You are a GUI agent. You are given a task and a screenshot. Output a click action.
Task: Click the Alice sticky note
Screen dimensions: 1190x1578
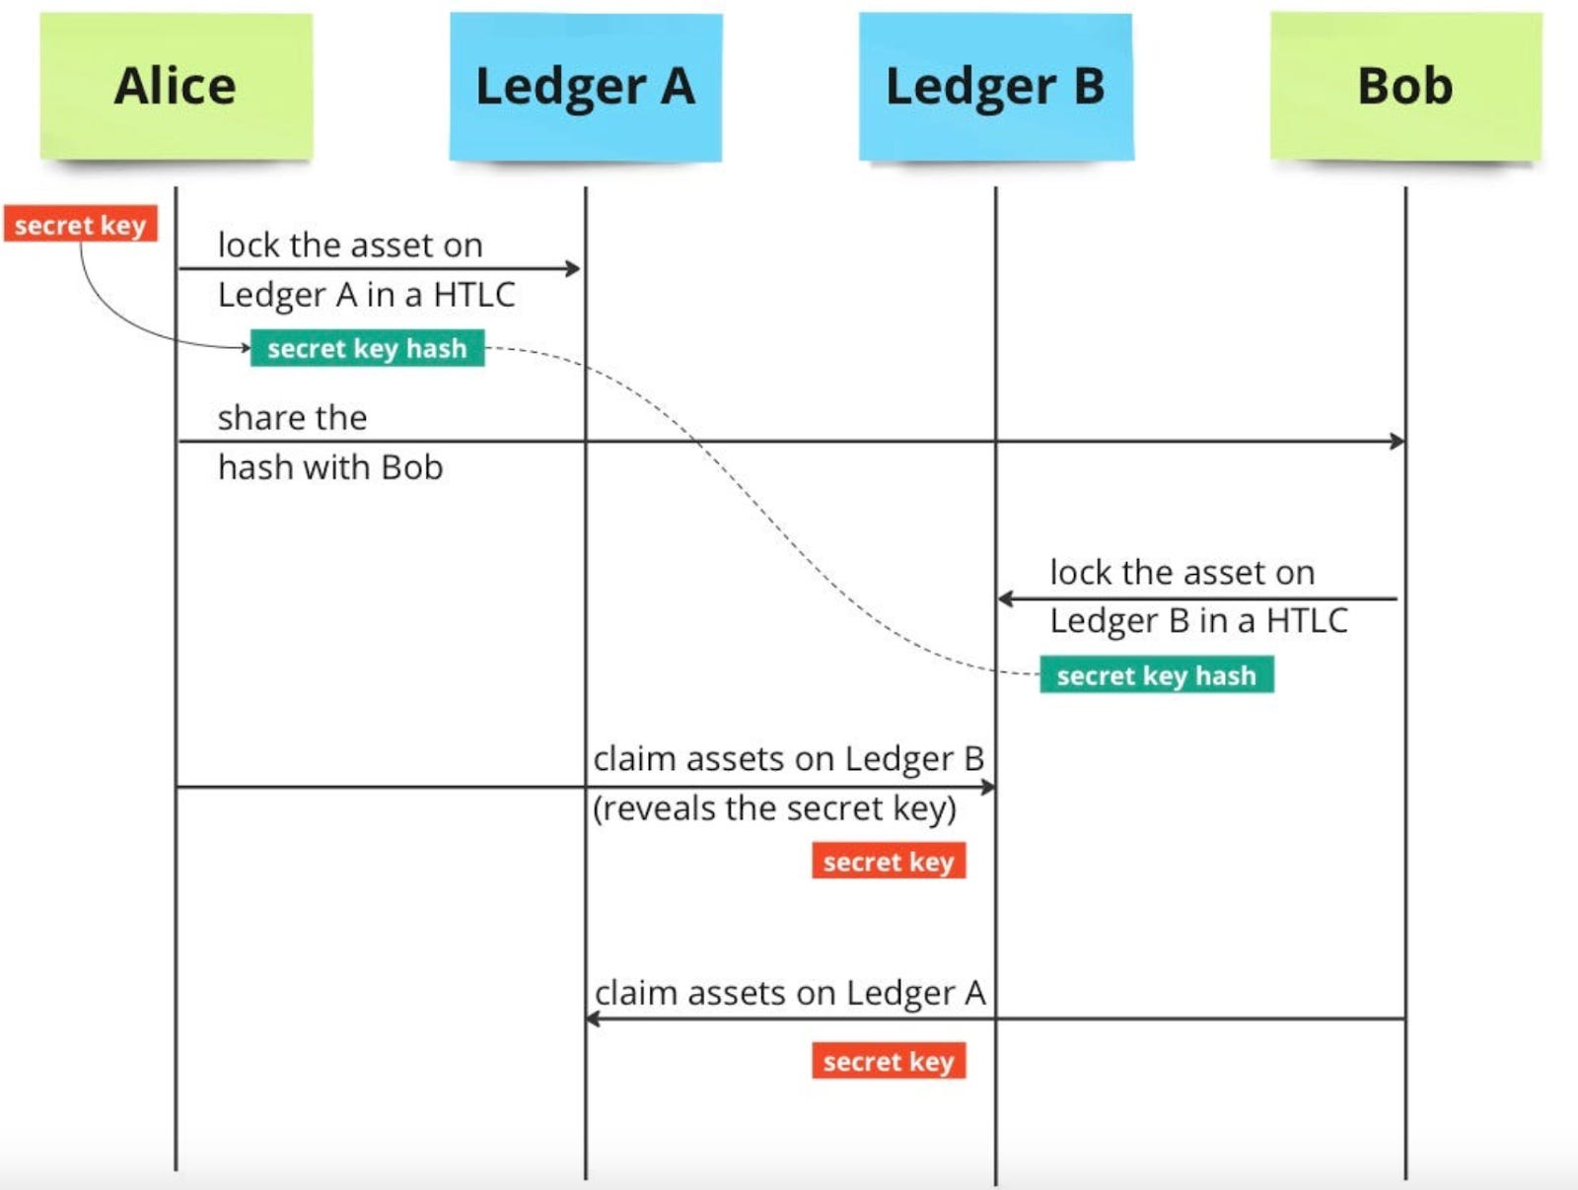176,86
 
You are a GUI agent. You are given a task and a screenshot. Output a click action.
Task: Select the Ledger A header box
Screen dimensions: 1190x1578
586,86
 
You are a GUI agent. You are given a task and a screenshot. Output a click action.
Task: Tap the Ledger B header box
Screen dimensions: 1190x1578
996,86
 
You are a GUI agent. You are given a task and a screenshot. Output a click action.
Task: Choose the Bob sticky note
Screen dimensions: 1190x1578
1405,86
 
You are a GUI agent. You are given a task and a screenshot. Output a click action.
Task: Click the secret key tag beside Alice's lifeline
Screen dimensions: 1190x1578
81,225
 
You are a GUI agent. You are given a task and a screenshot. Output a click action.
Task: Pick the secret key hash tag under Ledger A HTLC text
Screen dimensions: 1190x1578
367,348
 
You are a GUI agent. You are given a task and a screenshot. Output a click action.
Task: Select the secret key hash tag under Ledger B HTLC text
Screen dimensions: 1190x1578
1156,675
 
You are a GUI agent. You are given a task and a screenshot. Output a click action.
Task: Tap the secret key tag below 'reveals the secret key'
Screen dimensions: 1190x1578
889,861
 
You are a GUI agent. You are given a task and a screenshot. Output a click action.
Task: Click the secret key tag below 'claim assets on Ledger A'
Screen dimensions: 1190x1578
889,1061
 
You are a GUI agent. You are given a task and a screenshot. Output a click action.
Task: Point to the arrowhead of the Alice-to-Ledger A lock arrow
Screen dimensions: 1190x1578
573,267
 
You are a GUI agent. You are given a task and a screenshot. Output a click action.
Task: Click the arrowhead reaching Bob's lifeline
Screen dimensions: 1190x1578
1397,441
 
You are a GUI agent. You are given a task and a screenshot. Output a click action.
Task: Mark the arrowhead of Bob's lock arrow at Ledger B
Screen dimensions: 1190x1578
1005,598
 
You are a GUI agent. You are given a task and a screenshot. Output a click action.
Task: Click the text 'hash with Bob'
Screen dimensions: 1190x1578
330,467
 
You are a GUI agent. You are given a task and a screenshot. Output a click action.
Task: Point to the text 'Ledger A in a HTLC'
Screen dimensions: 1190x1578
366,295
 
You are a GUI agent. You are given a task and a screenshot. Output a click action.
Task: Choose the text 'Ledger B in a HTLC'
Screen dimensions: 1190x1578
1198,621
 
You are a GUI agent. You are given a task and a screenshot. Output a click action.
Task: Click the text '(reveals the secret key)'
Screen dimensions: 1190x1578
775,808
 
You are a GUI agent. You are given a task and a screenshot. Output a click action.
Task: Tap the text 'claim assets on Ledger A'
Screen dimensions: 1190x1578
790,993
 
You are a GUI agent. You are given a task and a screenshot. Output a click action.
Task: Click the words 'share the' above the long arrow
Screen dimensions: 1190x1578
292,418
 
